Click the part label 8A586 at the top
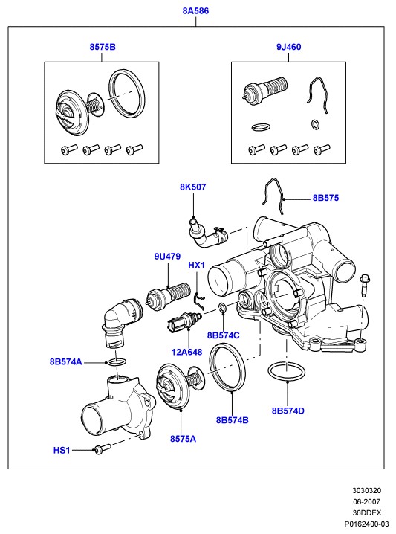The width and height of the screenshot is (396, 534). pyautogui.click(x=195, y=11)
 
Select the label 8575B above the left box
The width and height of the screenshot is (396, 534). pyautogui.click(x=103, y=47)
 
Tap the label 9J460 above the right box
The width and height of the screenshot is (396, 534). pyautogui.click(x=288, y=47)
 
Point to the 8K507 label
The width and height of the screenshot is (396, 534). pyautogui.click(x=193, y=187)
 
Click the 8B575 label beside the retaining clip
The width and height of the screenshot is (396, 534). pyautogui.click(x=325, y=198)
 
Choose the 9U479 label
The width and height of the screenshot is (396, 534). pyautogui.click(x=167, y=257)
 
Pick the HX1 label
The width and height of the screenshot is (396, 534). pyautogui.click(x=197, y=266)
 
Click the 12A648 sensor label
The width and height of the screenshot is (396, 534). pyautogui.click(x=186, y=352)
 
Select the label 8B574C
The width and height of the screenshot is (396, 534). pyautogui.click(x=223, y=335)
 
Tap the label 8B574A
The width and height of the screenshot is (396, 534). pyautogui.click(x=66, y=361)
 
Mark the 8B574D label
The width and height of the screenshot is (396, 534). pyautogui.click(x=288, y=411)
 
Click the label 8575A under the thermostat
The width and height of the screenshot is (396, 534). pyautogui.click(x=183, y=439)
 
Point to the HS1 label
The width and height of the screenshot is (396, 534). pyautogui.click(x=62, y=450)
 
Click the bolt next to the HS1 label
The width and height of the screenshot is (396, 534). pyautogui.click(x=103, y=449)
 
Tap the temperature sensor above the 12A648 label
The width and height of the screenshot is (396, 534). pyautogui.click(x=184, y=321)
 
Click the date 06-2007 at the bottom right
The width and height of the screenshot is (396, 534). pyautogui.click(x=366, y=501)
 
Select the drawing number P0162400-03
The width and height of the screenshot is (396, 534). pyautogui.click(x=366, y=524)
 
